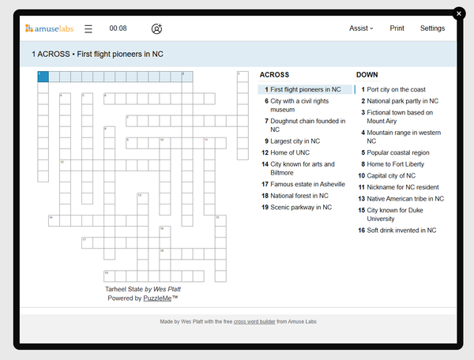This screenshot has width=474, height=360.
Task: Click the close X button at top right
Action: coord(459,13)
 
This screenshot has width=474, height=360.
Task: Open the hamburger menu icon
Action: coord(88,28)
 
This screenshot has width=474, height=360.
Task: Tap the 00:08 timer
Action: coord(118,28)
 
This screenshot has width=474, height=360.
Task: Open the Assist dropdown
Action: coord(361,28)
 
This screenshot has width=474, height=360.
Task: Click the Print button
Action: coord(397,28)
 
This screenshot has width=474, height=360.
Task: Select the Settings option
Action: coord(432,28)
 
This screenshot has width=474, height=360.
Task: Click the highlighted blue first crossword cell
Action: coord(43,77)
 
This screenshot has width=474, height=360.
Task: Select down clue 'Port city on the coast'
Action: coord(396,90)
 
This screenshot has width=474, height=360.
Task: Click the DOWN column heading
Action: coord(367,75)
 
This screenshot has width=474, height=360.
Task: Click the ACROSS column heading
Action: coord(274,75)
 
